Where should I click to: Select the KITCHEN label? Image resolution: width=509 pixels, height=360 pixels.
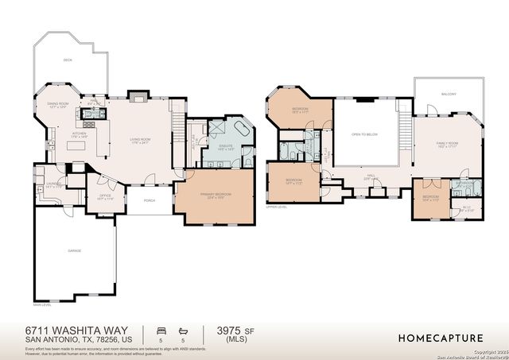78,134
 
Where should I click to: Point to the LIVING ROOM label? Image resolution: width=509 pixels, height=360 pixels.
141,141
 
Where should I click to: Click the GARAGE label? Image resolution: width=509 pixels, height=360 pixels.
75,250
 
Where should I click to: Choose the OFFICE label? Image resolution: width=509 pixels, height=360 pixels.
104,195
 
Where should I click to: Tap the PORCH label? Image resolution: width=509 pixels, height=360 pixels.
149,200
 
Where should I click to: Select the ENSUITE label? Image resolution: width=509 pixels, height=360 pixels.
226,146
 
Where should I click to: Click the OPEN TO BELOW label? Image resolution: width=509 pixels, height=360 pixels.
364,134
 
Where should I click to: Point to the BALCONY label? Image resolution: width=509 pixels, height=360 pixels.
449,94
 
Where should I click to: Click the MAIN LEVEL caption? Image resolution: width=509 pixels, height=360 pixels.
42,304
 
